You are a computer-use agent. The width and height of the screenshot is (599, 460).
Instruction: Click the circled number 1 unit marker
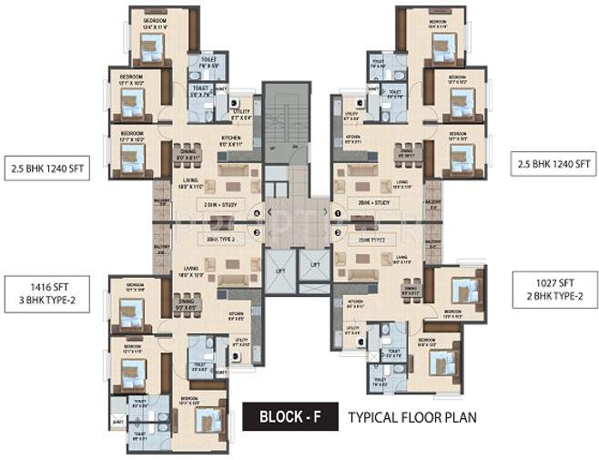338,213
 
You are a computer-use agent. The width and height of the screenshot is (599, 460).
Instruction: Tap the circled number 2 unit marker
338,232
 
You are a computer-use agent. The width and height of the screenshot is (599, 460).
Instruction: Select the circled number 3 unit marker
259,232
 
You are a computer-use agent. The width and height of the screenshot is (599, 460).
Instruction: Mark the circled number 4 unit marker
259,214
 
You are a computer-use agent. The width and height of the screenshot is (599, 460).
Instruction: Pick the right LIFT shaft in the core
315,270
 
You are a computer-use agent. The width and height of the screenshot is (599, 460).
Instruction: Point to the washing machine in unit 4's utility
235,105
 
